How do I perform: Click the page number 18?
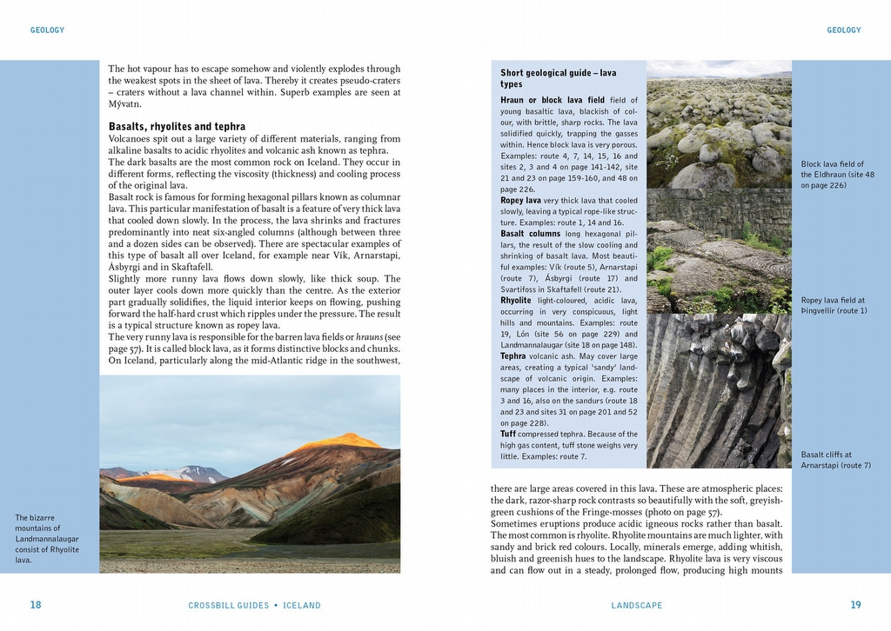pyautogui.click(x=36, y=605)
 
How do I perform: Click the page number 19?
pyautogui.click(x=855, y=605)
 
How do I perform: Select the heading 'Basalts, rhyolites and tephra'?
pyautogui.click(x=177, y=127)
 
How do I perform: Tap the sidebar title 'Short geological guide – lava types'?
pyautogui.click(x=558, y=78)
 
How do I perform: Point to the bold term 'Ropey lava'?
pyautogui.click(x=520, y=201)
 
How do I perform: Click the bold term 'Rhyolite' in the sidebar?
pyautogui.click(x=516, y=301)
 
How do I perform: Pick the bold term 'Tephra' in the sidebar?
pyautogui.click(x=513, y=356)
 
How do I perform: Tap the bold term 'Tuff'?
pyautogui.click(x=508, y=434)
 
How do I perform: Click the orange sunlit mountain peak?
pyautogui.click(x=339, y=441)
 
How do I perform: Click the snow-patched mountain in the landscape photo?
pyautogui.click(x=196, y=474)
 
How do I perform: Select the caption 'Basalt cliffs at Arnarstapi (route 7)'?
pyautogui.click(x=835, y=460)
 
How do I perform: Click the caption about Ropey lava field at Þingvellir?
pyautogui.click(x=834, y=305)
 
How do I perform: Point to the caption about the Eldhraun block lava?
pyautogui.click(x=838, y=174)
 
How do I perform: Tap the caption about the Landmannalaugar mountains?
pyautogui.click(x=47, y=539)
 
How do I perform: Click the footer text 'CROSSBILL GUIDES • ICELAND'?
pyautogui.click(x=254, y=606)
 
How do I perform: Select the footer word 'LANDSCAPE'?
pyautogui.click(x=636, y=606)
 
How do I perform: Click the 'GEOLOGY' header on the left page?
pyautogui.click(x=47, y=30)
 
